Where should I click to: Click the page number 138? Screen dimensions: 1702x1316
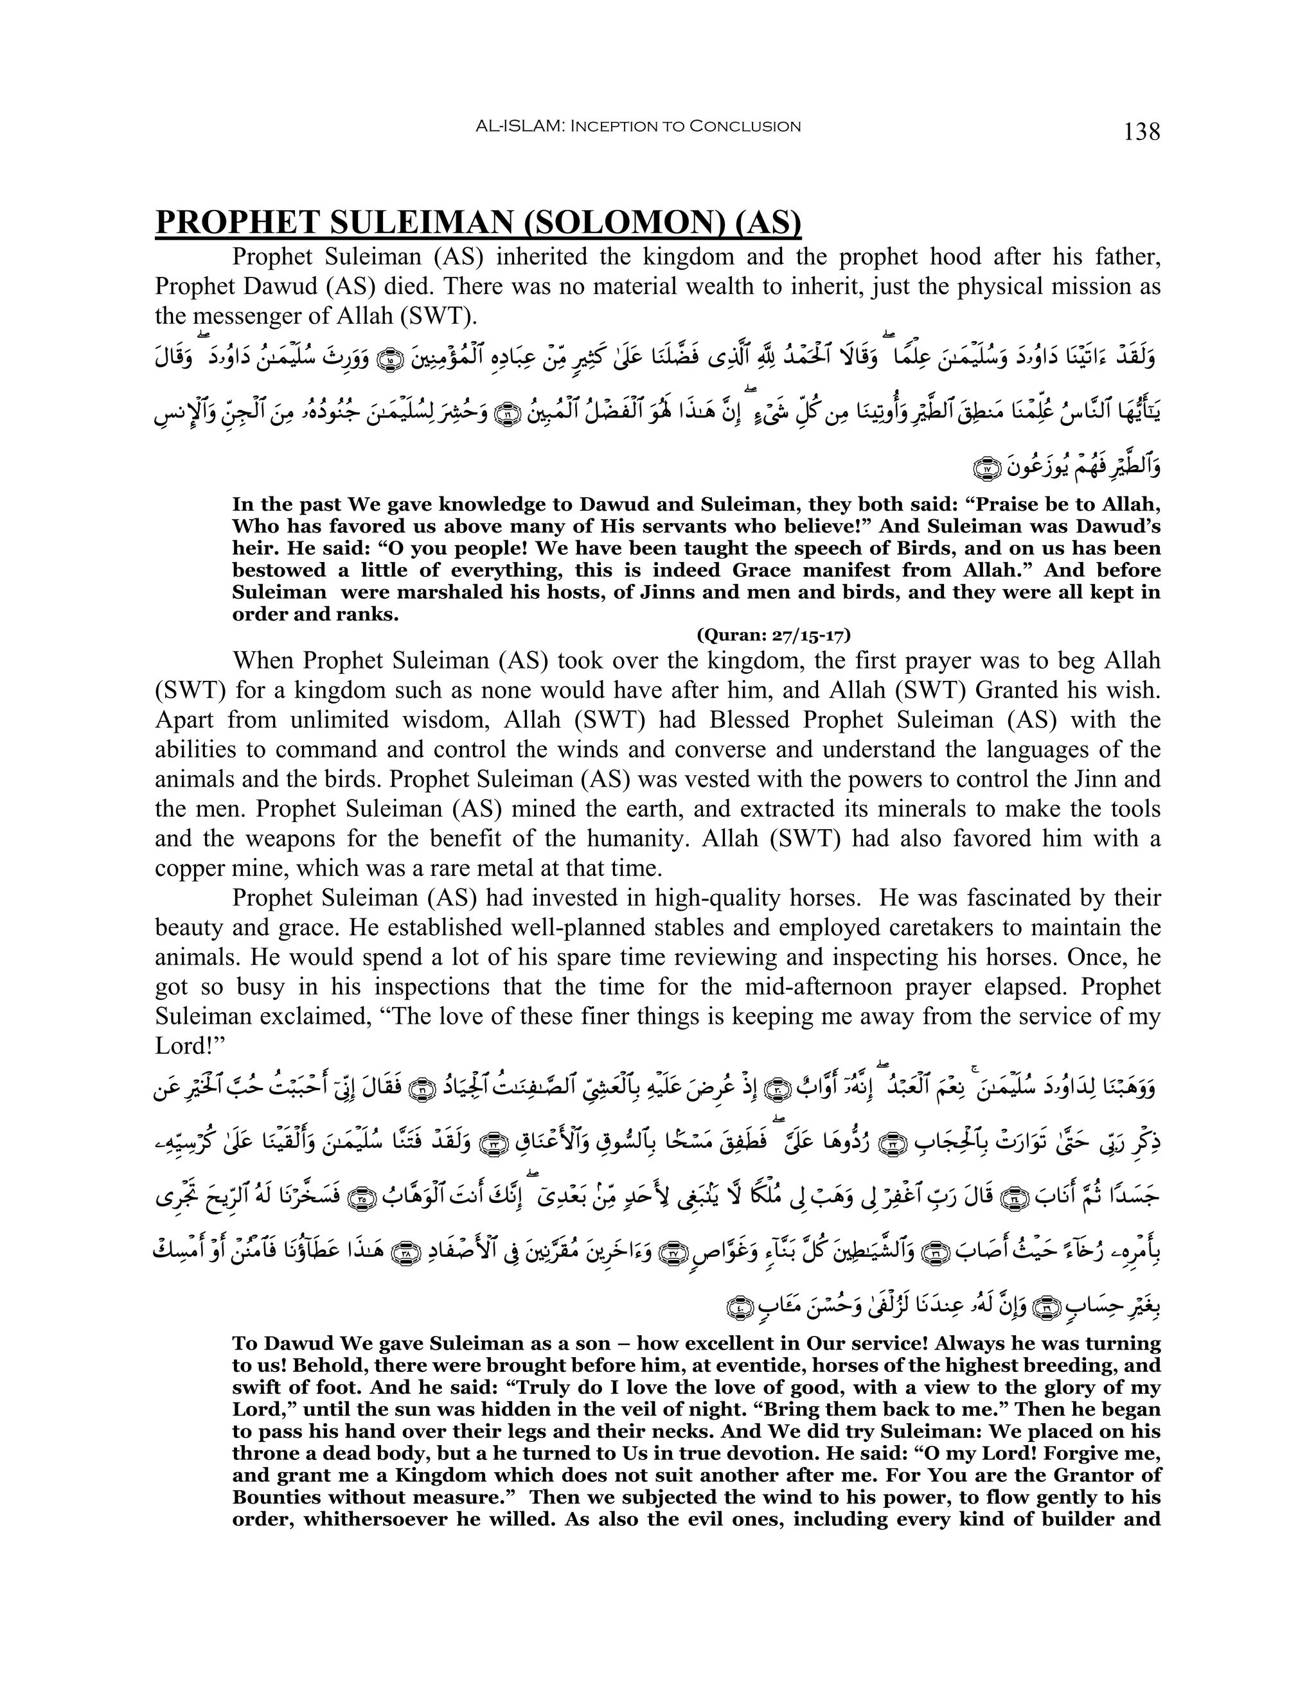1141,132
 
